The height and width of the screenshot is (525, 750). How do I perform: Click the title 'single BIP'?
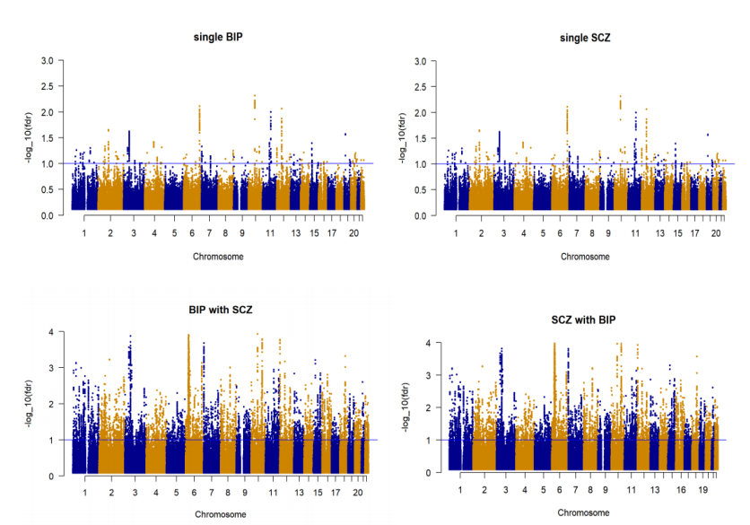218,37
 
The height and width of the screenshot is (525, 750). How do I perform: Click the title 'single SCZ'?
586,37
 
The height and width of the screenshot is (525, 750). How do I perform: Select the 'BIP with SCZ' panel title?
220,310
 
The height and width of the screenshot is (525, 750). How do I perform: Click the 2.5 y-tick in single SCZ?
423,86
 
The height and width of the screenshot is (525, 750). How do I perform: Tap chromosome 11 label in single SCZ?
634,233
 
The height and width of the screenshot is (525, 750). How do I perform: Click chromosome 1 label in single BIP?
83,233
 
